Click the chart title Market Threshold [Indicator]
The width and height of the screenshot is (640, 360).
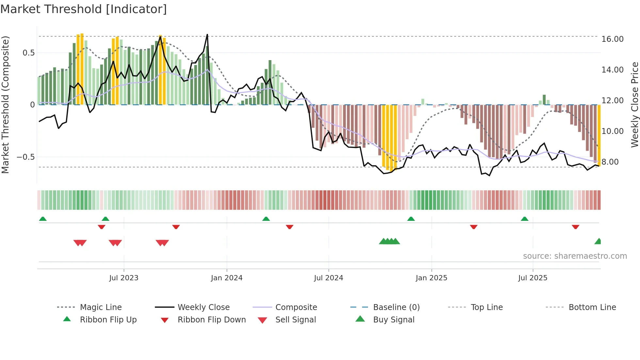84,9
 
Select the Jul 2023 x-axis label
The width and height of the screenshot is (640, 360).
124,278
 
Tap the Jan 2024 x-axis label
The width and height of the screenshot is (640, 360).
227,278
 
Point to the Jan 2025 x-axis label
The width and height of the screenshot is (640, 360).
431,278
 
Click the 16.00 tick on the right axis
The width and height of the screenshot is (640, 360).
612,39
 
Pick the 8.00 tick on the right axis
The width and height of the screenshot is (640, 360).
610,162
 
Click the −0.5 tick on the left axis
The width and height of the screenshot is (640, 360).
25,157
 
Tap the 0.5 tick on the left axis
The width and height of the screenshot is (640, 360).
28,53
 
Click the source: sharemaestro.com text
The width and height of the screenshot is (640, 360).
575,256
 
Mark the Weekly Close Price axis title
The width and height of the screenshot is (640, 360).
634,105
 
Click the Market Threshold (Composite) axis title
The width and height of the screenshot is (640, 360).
5,105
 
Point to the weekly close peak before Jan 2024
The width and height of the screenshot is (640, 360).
207,35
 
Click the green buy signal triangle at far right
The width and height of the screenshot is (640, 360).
598,241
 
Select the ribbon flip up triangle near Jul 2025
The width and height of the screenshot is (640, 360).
524,219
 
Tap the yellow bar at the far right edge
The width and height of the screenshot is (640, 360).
599,135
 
